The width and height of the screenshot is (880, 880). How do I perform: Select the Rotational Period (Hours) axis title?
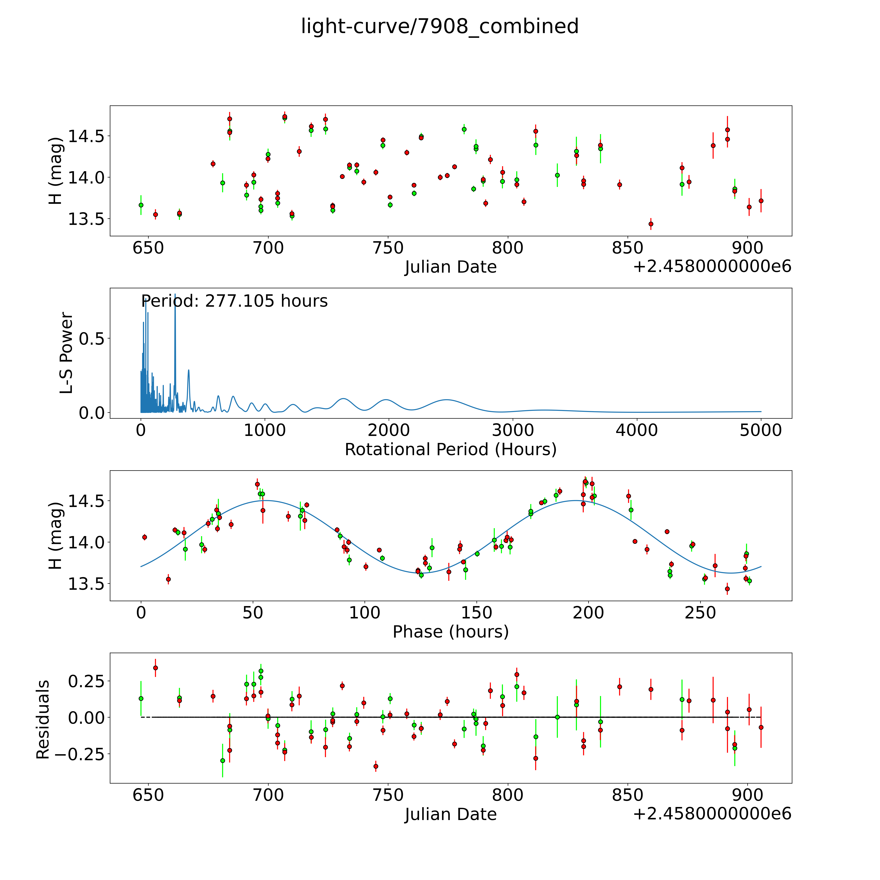click(x=450, y=450)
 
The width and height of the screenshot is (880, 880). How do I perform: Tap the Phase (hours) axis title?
click(x=450, y=632)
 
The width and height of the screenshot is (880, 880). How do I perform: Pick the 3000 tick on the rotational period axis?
click(x=513, y=430)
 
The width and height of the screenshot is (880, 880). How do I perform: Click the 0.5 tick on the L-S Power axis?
click(x=92, y=338)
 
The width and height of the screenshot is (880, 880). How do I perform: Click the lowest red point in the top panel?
click(x=651, y=224)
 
